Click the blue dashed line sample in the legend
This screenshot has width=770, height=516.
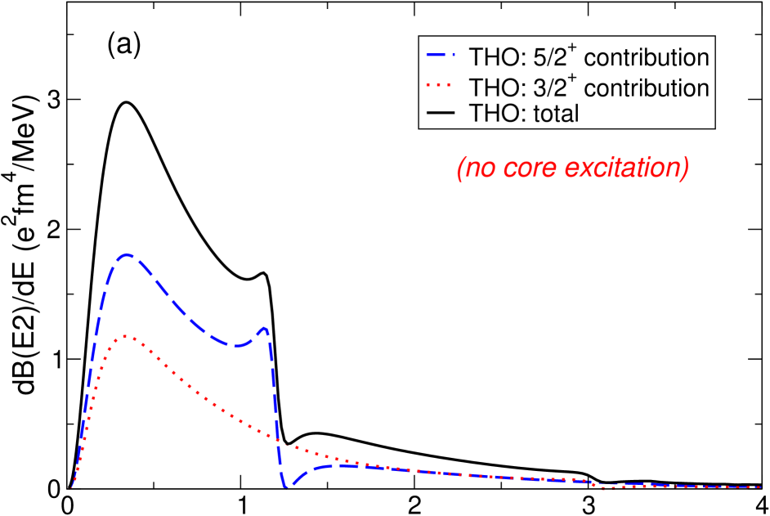coord(442,57)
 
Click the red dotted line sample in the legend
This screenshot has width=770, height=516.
coord(442,86)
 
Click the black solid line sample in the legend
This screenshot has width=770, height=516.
coord(442,114)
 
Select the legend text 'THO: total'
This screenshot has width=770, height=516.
coord(523,114)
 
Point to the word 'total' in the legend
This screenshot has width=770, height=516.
coord(556,114)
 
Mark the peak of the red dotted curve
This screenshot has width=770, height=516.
coord(127,336)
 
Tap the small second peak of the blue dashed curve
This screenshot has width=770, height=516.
coord(264,329)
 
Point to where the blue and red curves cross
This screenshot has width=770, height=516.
coord(279,440)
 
